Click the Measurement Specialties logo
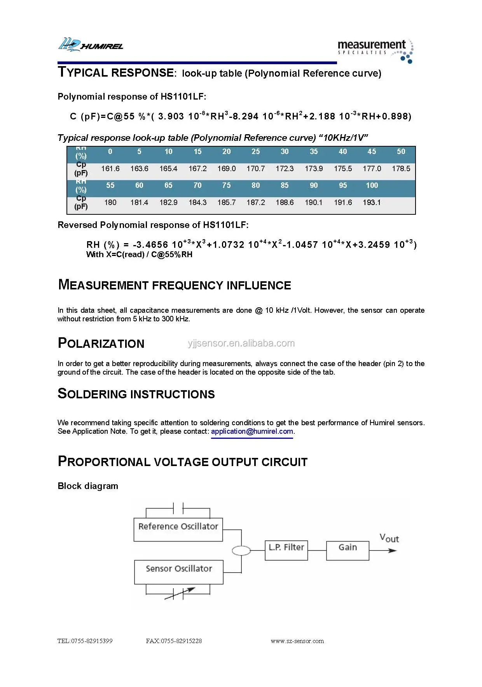pyautogui.click(x=375, y=50)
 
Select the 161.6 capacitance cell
pyautogui.click(x=110, y=169)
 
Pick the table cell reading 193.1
pyautogui.click(x=372, y=203)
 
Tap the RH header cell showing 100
pyautogui.click(x=372, y=186)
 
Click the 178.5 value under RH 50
pyautogui.click(x=401, y=169)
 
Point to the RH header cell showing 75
pyautogui.click(x=226, y=186)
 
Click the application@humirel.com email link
pyautogui.click(x=252, y=431)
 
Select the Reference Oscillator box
pyautogui.click(x=178, y=529)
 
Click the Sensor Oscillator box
pyautogui.click(x=178, y=571)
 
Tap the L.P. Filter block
pyautogui.click(x=286, y=550)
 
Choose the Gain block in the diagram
pyautogui.click(x=348, y=550)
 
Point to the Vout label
pyautogui.click(x=389, y=538)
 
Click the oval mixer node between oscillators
pyautogui.click(x=241, y=550)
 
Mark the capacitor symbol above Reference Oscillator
pyautogui.click(x=178, y=508)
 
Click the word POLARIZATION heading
pyautogui.click(x=101, y=343)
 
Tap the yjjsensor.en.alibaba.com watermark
pyautogui.click(x=241, y=343)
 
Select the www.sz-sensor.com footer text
pyautogui.click(x=297, y=641)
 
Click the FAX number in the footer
pyautogui.click(x=174, y=641)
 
